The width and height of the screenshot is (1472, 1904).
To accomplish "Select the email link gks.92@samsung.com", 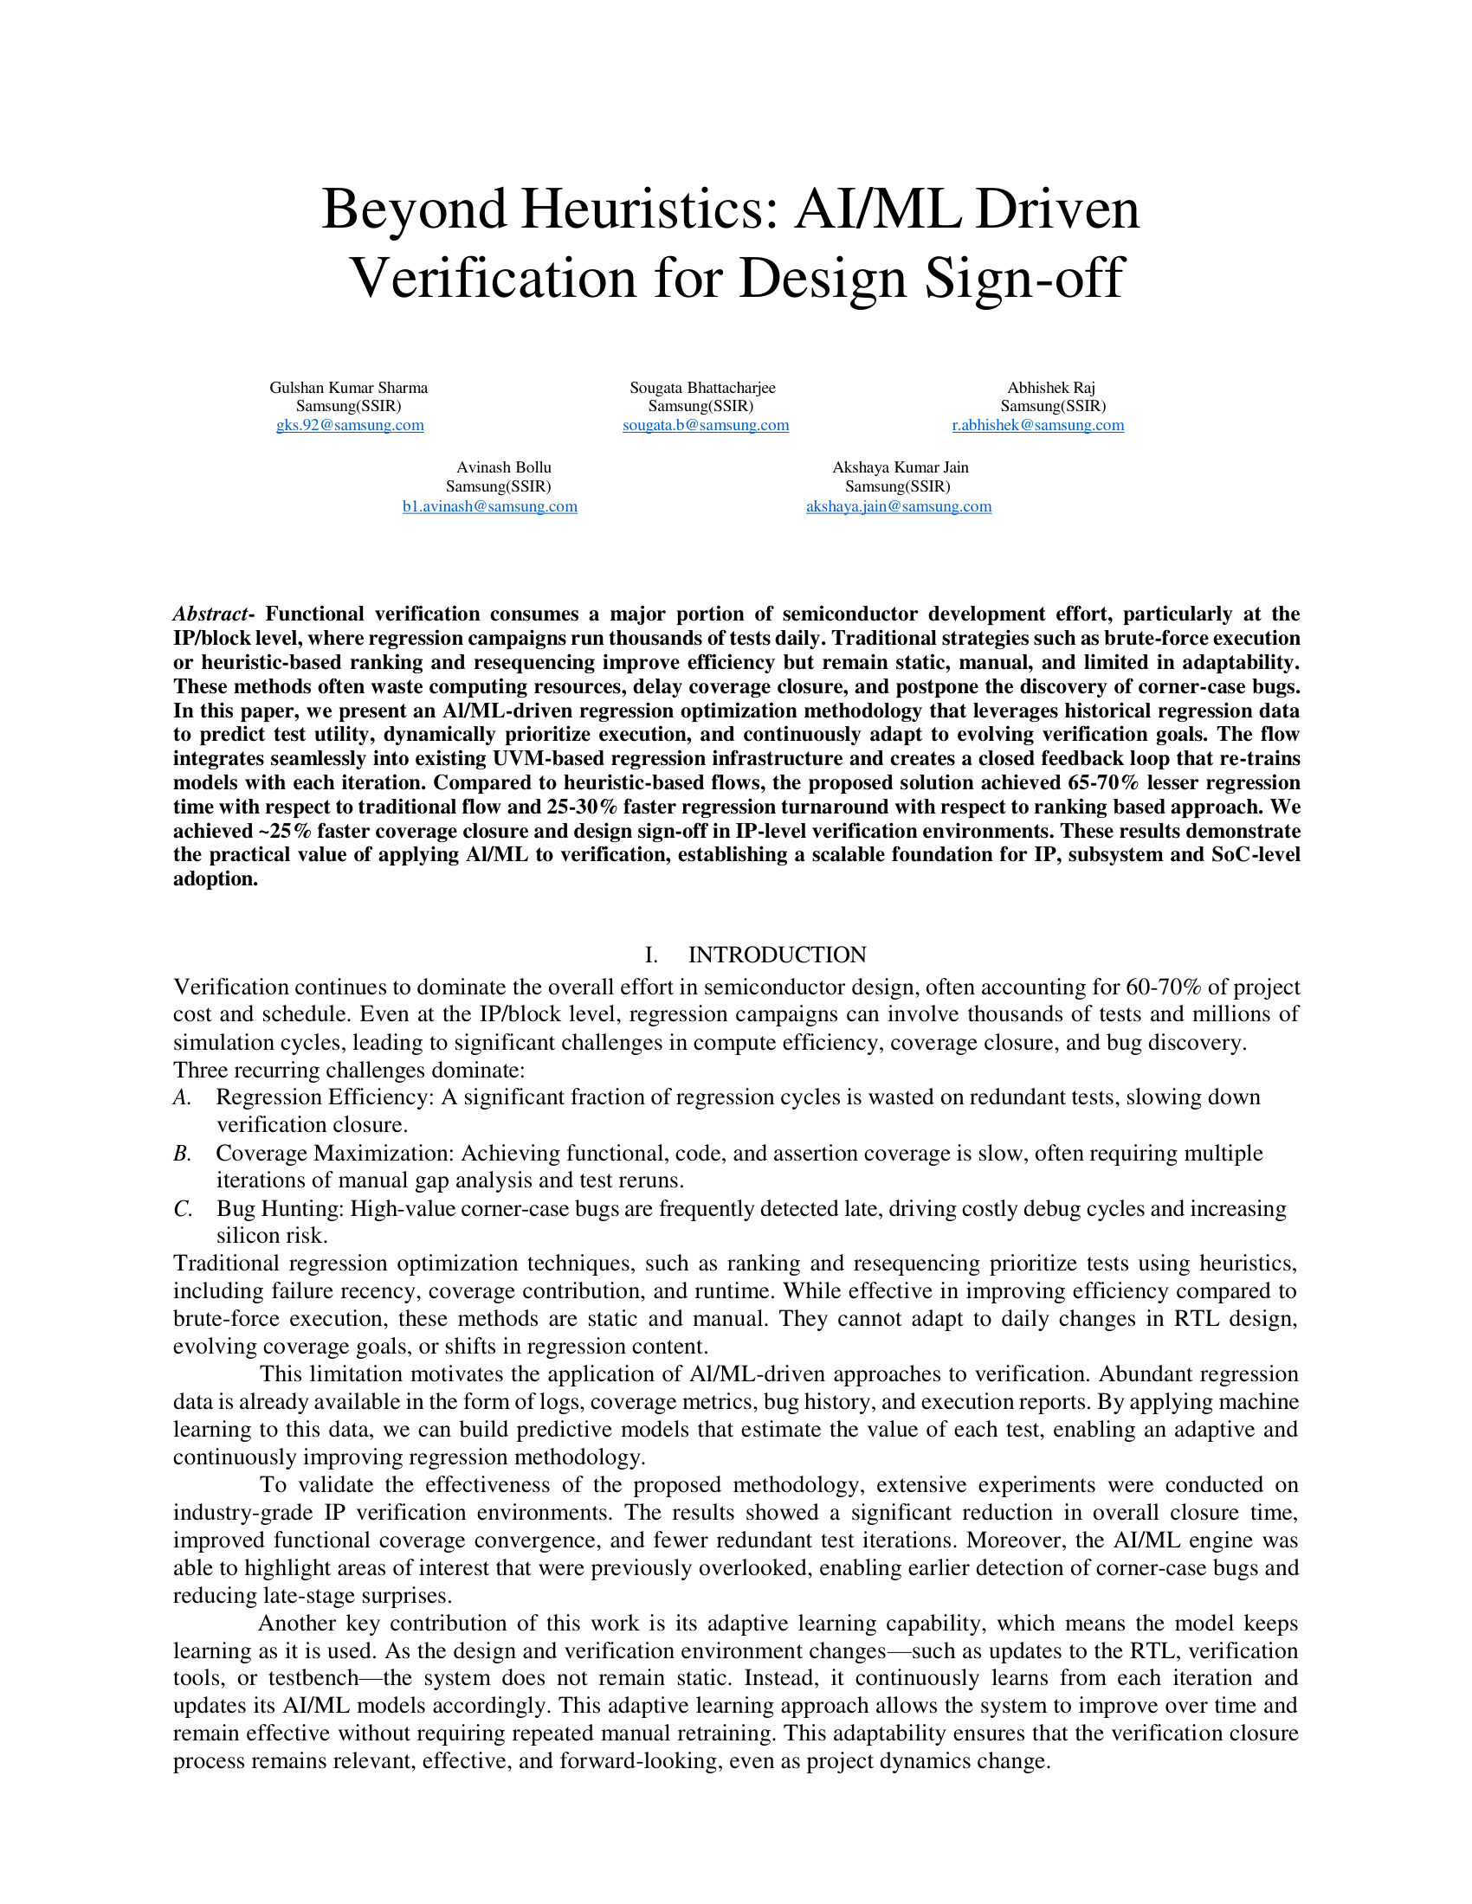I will point(350,426).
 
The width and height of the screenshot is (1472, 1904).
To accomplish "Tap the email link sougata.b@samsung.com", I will point(706,426).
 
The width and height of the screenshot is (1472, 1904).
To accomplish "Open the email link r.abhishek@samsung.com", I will point(1037,426).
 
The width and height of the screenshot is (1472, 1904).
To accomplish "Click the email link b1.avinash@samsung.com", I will point(489,506).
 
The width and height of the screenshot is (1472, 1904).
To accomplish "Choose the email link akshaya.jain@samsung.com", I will point(898,506).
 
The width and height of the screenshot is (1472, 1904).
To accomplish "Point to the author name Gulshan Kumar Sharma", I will point(348,388).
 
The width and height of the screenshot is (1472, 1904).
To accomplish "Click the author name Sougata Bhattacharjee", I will point(702,388).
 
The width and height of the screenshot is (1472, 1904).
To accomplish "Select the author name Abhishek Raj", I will point(1051,388).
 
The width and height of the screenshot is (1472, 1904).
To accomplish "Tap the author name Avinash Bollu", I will point(503,467).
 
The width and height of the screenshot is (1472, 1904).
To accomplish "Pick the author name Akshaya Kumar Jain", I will point(900,467).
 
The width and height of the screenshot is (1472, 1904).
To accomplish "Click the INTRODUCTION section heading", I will point(776,955).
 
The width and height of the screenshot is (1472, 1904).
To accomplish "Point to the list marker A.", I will point(181,1097).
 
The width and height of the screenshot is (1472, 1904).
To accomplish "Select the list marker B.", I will point(181,1154).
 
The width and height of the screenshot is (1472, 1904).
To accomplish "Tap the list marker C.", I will point(181,1209).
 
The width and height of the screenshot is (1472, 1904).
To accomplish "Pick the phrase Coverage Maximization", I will point(334,1154).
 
